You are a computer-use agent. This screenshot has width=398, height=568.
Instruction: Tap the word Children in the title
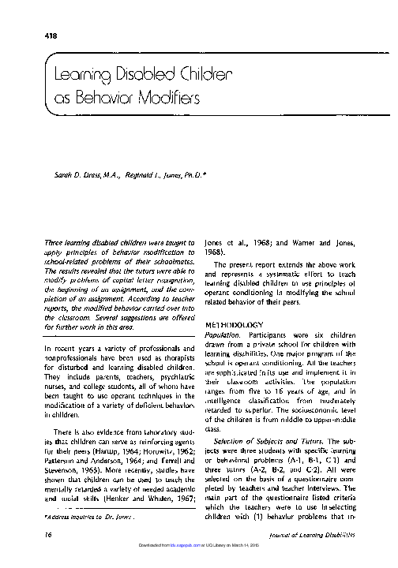point(206,77)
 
